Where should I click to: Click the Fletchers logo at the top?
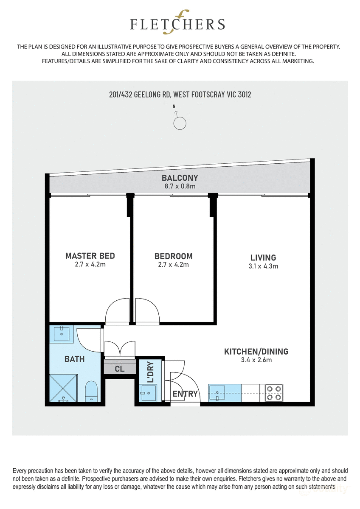(177, 25)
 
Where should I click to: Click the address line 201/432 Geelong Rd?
(180, 94)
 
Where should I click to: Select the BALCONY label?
(180, 178)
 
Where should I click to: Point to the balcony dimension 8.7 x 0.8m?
(180, 186)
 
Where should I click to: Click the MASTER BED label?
(90, 256)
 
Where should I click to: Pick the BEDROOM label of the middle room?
(173, 256)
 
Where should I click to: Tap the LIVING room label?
(263, 257)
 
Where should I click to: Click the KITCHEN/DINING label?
(256, 351)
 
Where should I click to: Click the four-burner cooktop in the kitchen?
(274, 393)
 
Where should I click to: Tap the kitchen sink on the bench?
(220, 393)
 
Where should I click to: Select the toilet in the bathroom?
(91, 391)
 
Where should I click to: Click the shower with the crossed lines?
(64, 388)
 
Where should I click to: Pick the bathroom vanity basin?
(63, 333)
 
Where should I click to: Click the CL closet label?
(120, 369)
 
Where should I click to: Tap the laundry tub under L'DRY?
(148, 393)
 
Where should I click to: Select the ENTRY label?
(185, 394)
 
